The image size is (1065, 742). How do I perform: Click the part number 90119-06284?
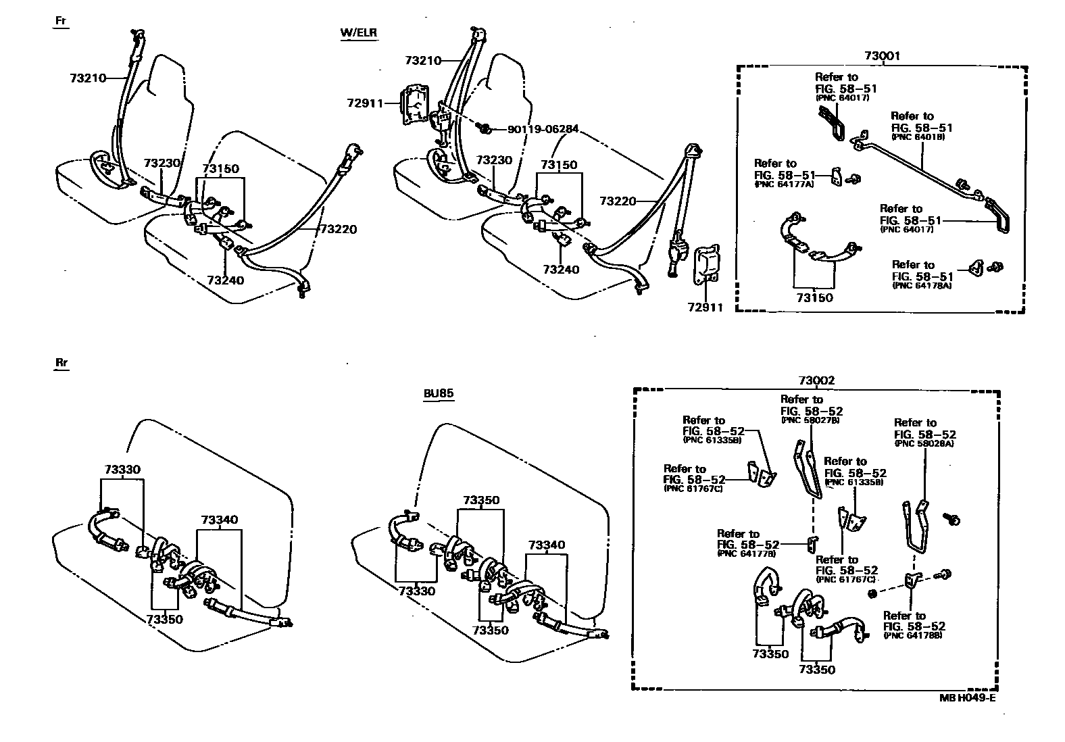pos(536,129)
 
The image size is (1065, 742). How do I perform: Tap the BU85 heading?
pos(438,393)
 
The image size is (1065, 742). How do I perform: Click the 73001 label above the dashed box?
pos(882,56)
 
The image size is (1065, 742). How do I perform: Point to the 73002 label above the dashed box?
pos(816,380)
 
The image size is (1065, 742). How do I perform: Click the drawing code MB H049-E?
pos(966,698)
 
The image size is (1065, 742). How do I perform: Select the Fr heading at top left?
pos(61,21)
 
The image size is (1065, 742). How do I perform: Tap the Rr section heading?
pos(61,363)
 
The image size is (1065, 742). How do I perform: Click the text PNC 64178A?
pos(922,286)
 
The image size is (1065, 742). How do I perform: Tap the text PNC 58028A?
pos(924,444)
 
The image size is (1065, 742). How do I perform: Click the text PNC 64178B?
pos(913,636)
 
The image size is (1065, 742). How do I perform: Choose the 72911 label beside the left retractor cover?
pos(365,103)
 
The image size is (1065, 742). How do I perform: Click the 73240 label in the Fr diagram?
pos(226,280)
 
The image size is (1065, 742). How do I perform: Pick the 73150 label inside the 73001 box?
pos(814,297)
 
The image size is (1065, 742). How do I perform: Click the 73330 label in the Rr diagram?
pos(122,469)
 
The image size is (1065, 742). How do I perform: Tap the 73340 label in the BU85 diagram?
pos(547,545)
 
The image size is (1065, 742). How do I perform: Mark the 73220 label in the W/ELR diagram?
pos(618,201)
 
